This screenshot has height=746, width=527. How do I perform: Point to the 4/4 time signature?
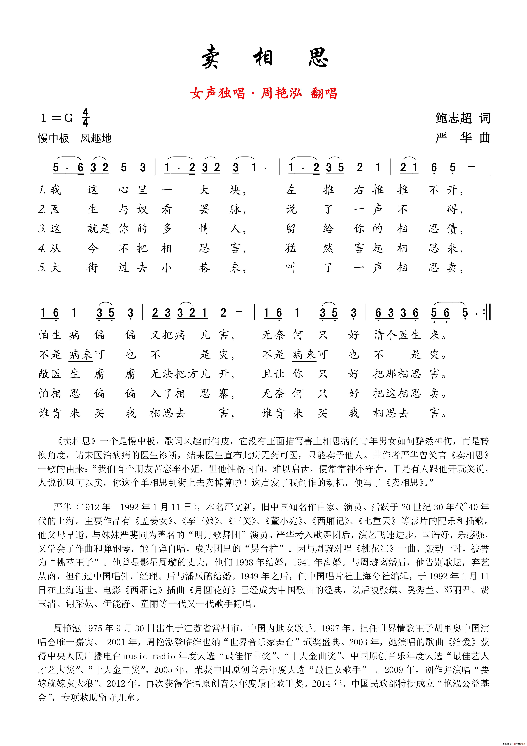click(85, 118)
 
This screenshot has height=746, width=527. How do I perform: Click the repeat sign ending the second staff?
click(486, 313)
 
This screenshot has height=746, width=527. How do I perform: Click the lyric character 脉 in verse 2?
click(235, 209)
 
